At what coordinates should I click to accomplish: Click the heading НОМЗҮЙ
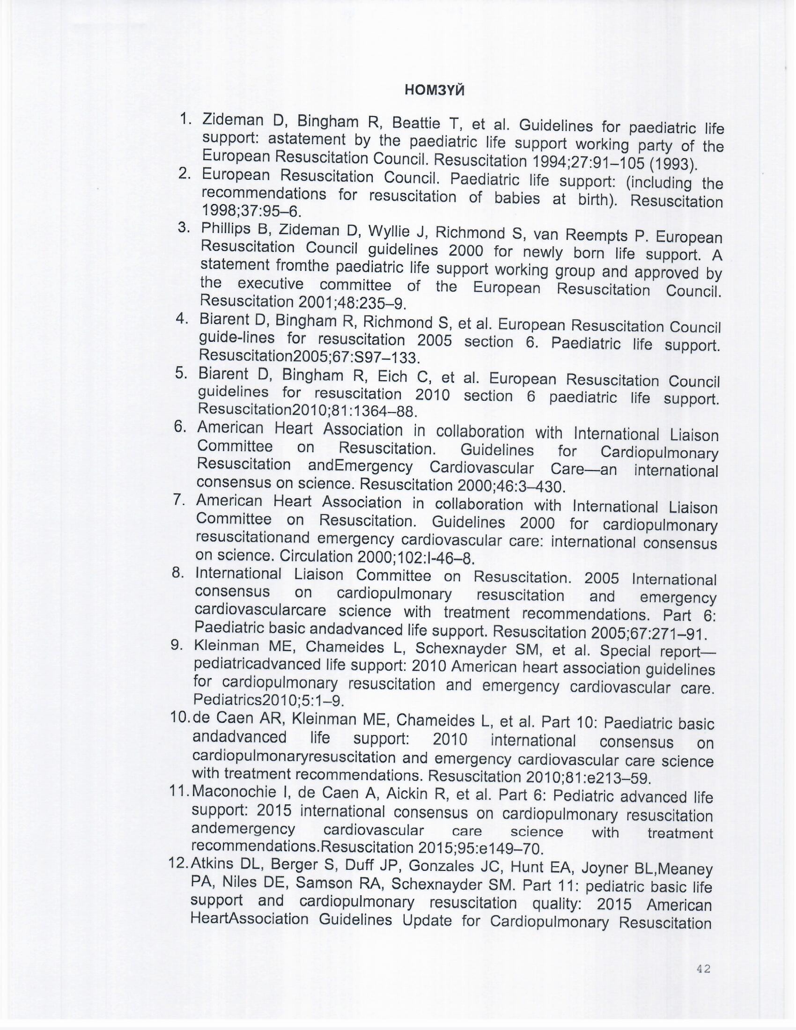pyautogui.click(x=435, y=89)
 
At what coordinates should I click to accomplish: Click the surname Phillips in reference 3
pyautogui.click(x=226, y=228)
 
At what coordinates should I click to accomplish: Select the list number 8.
pyautogui.click(x=178, y=573)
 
